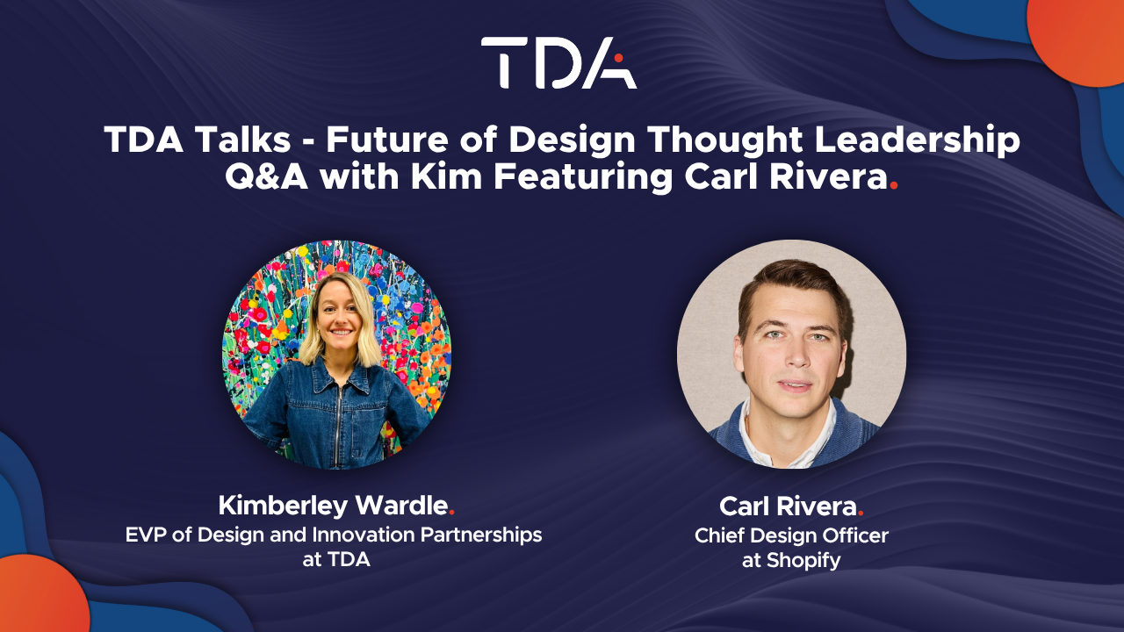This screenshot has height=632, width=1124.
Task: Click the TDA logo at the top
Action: coord(559,62)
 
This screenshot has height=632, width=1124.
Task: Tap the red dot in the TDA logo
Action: coord(619,58)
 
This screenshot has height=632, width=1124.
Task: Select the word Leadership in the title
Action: coord(918,141)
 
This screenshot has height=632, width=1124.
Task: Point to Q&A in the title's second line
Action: coord(266,177)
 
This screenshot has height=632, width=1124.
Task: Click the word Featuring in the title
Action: coord(583,178)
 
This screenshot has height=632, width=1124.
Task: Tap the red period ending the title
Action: coord(893,187)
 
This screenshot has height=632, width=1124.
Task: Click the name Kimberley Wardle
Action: coord(333,506)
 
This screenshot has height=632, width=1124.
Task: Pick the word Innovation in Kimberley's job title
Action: coord(364,535)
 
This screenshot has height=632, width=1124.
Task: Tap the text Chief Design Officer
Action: coord(791,535)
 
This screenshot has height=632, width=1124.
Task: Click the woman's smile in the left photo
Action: coord(342,332)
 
